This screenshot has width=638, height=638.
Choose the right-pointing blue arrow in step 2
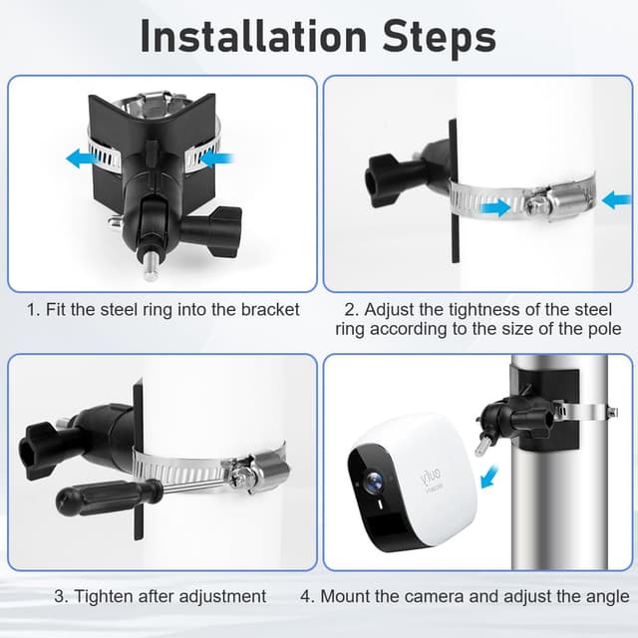click(492, 207)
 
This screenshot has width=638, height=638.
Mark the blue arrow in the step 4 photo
click(488, 478)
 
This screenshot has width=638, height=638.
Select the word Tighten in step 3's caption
click(104, 596)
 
